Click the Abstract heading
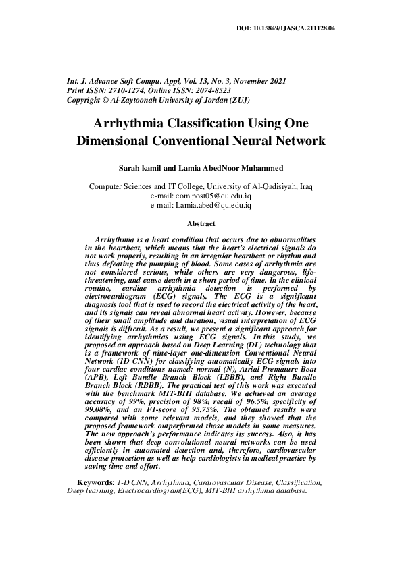(201, 223)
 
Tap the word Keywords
(94, 482)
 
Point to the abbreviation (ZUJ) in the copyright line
(238, 99)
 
